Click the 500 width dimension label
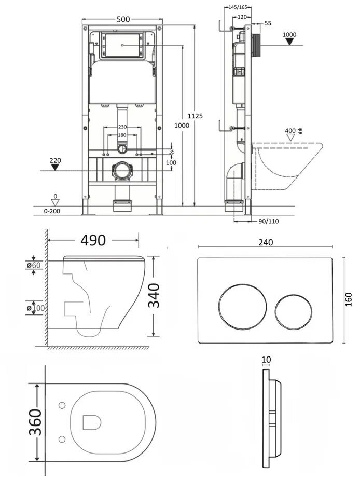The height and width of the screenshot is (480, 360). tap(123, 20)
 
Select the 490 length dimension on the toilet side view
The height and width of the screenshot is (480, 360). tap(93, 240)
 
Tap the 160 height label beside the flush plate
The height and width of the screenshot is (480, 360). tap(349, 300)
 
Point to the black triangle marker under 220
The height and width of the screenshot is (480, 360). tap(56, 169)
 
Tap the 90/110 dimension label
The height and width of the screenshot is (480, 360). tap(268, 221)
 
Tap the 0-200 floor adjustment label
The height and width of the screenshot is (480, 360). tap(52, 211)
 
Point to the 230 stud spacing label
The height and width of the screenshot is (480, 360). tap(122, 127)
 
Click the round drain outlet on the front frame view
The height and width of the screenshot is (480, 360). tap(122, 171)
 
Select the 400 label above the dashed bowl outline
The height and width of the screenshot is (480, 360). tap(289, 130)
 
